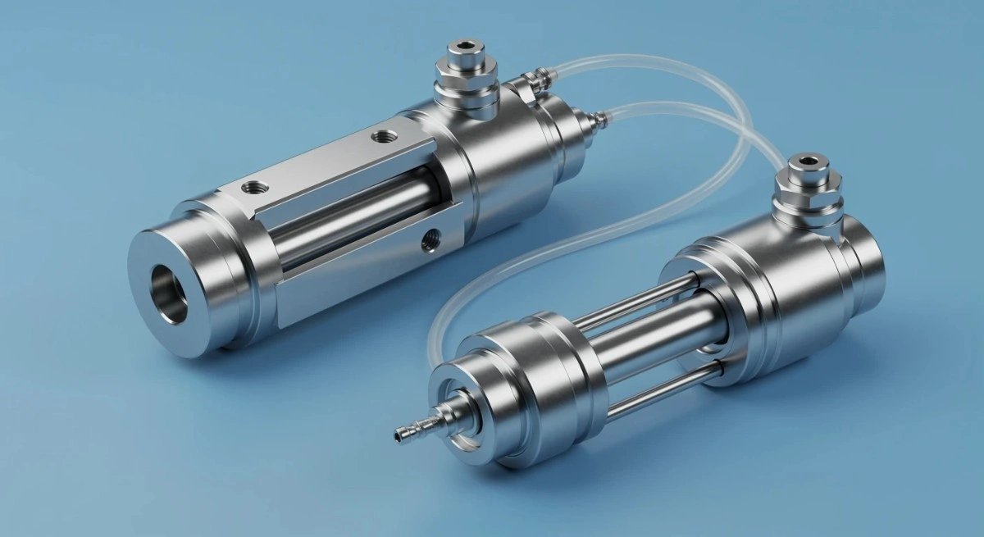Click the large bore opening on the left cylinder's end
click(x=169, y=293)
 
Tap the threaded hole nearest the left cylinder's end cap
click(x=252, y=188)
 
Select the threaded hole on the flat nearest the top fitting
click(x=381, y=134)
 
